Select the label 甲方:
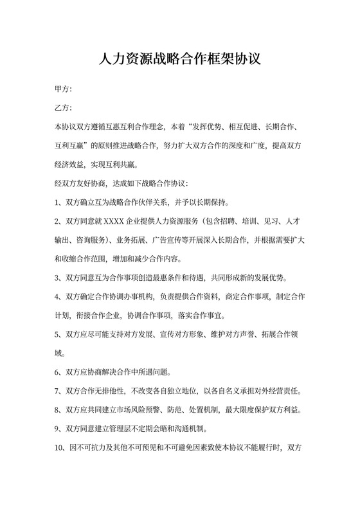pos(63,89)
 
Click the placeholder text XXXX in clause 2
pos(113,222)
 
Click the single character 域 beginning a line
pos(59,353)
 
